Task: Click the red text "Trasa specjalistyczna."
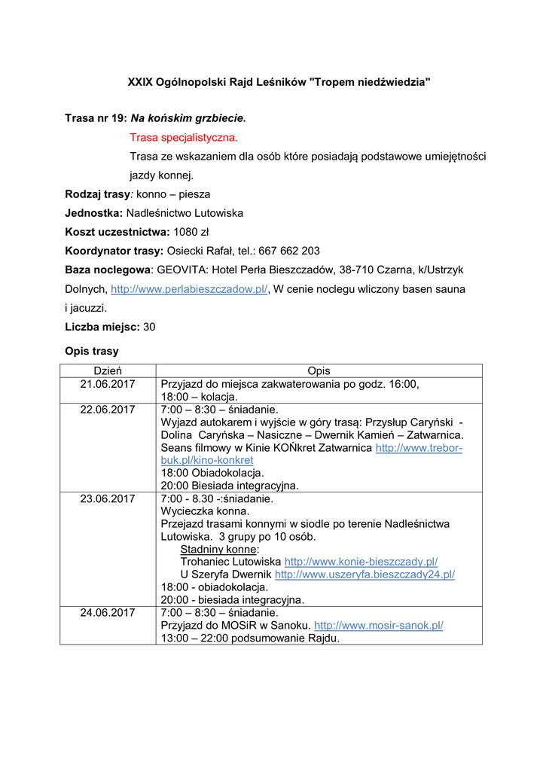pyautogui.click(x=184, y=137)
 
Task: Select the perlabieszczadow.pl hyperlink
pyautogui.click(x=189, y=289)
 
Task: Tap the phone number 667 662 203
pyautogui.click(x=289, y=251)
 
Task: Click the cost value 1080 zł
pyautogui.click(x=191, y=232)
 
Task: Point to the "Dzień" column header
pyautogui.click(x=108, y=370)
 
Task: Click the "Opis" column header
pyautogui.click(x=319, y=370)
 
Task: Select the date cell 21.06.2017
pyautogui.click(x=108, y=384)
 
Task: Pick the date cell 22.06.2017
pyautogui.click(x=108, y=410)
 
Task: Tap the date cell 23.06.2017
pyautogui.click(x=108, y=498)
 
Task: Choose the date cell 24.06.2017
pyautogui.click(x=108, y=612)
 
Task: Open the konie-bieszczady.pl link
pyautogui.click(x=361, y=562)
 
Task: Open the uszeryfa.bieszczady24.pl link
pyautogui.click(x=365, y=574)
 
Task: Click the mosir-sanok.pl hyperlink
pyautogui.click(x=378, y=625)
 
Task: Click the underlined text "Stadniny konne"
pyautogui.click(x=218, y=549)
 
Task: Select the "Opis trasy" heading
pyautogui.click(x=92, y=351)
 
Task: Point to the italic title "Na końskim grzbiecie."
pyautogui.click(x=188, y=118)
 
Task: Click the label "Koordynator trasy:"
pyautogui.click(x=114, y=251)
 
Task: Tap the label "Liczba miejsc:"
pyautogui.click(x=102, y=327)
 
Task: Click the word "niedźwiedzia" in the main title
pyautogui.click(x=392, y=81)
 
